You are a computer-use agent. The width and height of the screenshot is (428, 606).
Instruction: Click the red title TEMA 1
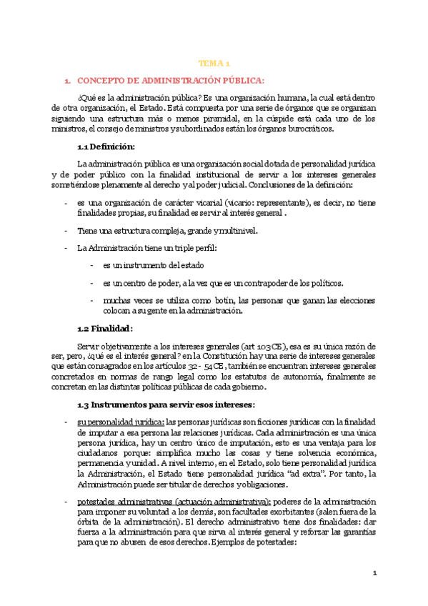214,64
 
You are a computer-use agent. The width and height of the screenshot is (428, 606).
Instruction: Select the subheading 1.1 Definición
106,146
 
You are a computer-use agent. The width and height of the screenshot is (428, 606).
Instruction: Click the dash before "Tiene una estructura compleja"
66,230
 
